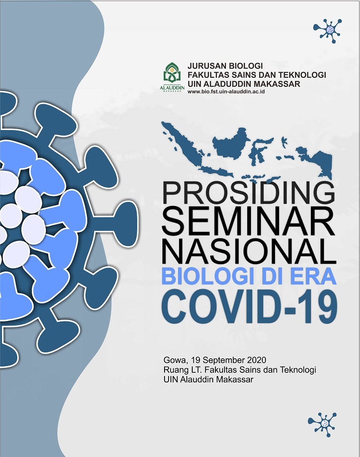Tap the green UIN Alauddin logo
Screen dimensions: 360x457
(172, 78)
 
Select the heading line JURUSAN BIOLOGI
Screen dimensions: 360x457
(225, 66)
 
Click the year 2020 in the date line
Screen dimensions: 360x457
(256, 360)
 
